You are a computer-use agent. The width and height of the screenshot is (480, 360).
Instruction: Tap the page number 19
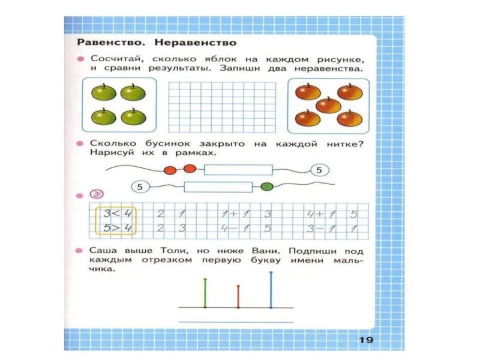point(366,340)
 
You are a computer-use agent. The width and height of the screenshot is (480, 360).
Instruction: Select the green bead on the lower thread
point(268,187)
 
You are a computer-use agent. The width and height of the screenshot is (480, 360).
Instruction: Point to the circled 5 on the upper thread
point(319,170)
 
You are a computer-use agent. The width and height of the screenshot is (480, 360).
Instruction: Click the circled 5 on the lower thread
point(140,187)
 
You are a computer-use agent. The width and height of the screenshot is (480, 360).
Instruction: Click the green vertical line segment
point(205,293)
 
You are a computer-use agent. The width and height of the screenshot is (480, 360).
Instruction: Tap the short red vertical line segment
point(238,296)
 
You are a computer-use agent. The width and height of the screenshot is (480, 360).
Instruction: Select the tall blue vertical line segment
point(271,290)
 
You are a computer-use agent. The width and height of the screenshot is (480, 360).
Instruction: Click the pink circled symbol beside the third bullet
point(95,194)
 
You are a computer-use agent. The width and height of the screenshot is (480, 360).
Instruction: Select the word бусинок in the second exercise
point(162,143)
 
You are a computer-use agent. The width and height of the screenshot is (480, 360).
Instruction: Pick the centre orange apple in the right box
point(328,106)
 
